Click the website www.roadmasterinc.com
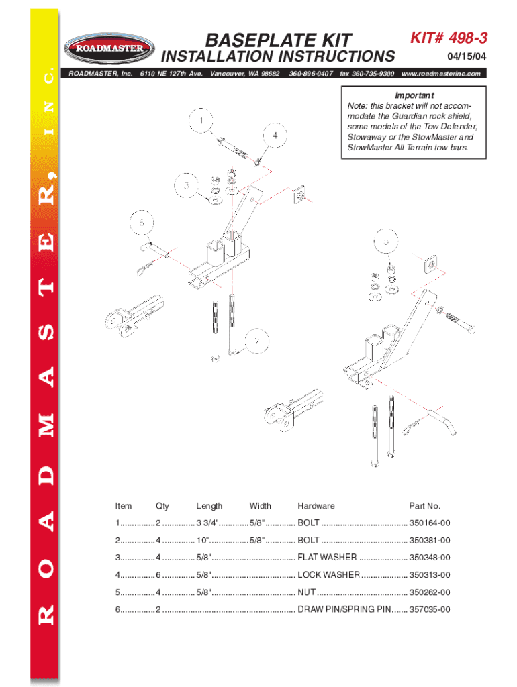(x=440, y=73)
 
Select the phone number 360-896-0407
(x=311, y=73)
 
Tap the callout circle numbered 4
(x=275, y=135)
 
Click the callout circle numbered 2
(x=256, y=341)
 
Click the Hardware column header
(x=316, y=506)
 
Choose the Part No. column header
(x=424, y=506)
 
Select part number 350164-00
(x=430, y=523)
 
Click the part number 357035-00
(x=430, y=610)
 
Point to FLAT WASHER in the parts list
(x=327, y=558)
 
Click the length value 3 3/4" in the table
(x=209, y=523)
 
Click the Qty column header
(x=162, y=506)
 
